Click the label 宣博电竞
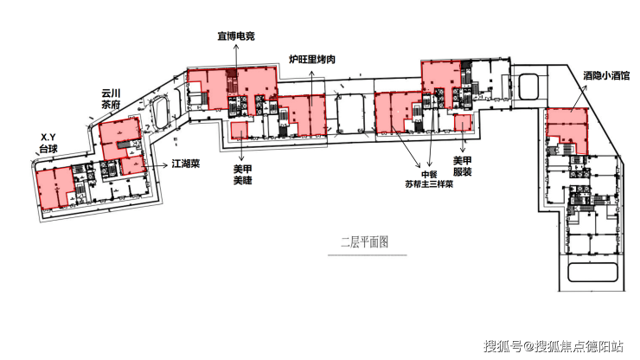point(236,36)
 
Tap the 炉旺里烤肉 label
point(312,59)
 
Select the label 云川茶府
point(111,99)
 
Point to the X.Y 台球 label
point(48,144)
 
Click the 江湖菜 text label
point(186,164)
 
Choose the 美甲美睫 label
point(242,175)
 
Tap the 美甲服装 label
point(463,166)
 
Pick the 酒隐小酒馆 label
point(606,75)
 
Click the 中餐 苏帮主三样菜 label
point(429,179)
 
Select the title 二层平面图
point(364,242)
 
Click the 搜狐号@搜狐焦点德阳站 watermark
point(554,346)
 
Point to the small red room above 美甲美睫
point(240,131)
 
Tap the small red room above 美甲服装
point(463,123)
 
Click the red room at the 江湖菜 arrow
point(132,165)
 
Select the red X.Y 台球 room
point(54,188)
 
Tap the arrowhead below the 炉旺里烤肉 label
point(312,74)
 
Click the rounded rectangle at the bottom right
point(592,273)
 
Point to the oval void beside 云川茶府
point(160,112)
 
